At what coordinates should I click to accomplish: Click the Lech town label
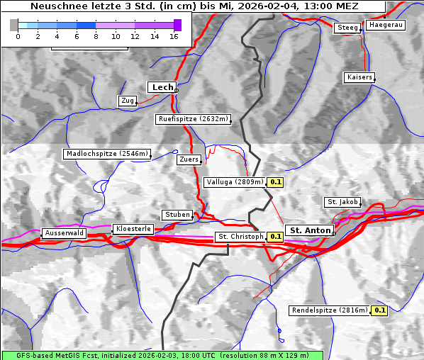click(x=162, y=87)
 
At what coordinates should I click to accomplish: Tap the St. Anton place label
click(x=311, y=230)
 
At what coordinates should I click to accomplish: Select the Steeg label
click(x=347, y=28)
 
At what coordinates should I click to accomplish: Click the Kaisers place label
click(x=359, y=77)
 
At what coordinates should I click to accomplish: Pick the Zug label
click(x=128, y=101)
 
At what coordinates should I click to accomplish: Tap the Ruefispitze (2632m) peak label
click(x=193, y=119)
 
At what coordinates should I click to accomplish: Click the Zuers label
click(x=189, y=159)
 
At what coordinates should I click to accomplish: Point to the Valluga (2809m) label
click(x=235, y=182)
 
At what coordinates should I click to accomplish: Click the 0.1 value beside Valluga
click(x=276, y=182)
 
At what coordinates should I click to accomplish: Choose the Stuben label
click(x=177, y=215)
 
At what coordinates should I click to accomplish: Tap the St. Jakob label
click(x=342, y=202)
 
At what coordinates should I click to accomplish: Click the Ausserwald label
click(x=64, y=233)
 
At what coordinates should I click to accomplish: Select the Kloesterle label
click(x=133, y=229)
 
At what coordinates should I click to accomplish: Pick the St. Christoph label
click(x=240, y=237)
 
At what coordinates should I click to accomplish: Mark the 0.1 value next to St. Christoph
click(x=275, y=237)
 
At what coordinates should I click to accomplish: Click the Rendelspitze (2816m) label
click(x=330, y=310)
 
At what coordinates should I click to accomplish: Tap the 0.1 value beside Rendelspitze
click(x=379, y=310)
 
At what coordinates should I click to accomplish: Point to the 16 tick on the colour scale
click(x=174, y=35)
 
